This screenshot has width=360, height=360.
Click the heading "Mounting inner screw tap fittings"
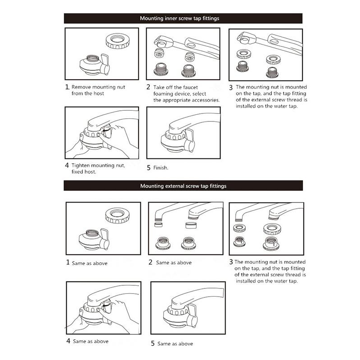pyautogui.click(x=180, y=18)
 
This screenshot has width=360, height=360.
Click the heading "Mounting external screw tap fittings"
pyautogui.click(x=183, y=186)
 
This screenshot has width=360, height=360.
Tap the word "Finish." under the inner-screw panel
pyautogui.click(x=161, y=168)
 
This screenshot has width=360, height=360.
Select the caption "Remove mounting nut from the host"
pyautogui.click(x=98, y=90)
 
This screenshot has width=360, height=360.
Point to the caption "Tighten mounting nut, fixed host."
pyautogui.click(x=98, y=168)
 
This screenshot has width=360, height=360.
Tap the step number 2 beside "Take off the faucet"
pyautogui.click(x=148, y=87)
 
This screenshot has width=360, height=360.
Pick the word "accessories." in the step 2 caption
pyautogui.click(x=206, y=100)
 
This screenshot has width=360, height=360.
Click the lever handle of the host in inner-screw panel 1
pyautogui.click(x=105, y=64)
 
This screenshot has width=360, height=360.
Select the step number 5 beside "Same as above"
pyautogui.click(x=153, y=343)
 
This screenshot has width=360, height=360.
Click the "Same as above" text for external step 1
pyautogui.click(x=90, y=263)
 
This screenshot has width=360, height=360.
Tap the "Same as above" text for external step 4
pyautogui.click(x=91, y=342)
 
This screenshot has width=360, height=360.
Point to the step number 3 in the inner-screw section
pyautogui.click(x=231, y=87)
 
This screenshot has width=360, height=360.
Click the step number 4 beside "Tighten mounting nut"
pyautogui.click(x=67, y=165)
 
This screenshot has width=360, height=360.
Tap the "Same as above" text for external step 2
pyautogui.click(x=174, y=263)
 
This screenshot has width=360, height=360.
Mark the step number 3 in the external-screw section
pyautogui.click(x=231, y=262)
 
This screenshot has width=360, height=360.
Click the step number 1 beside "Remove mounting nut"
pyautogui.click(x=67, y=87)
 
